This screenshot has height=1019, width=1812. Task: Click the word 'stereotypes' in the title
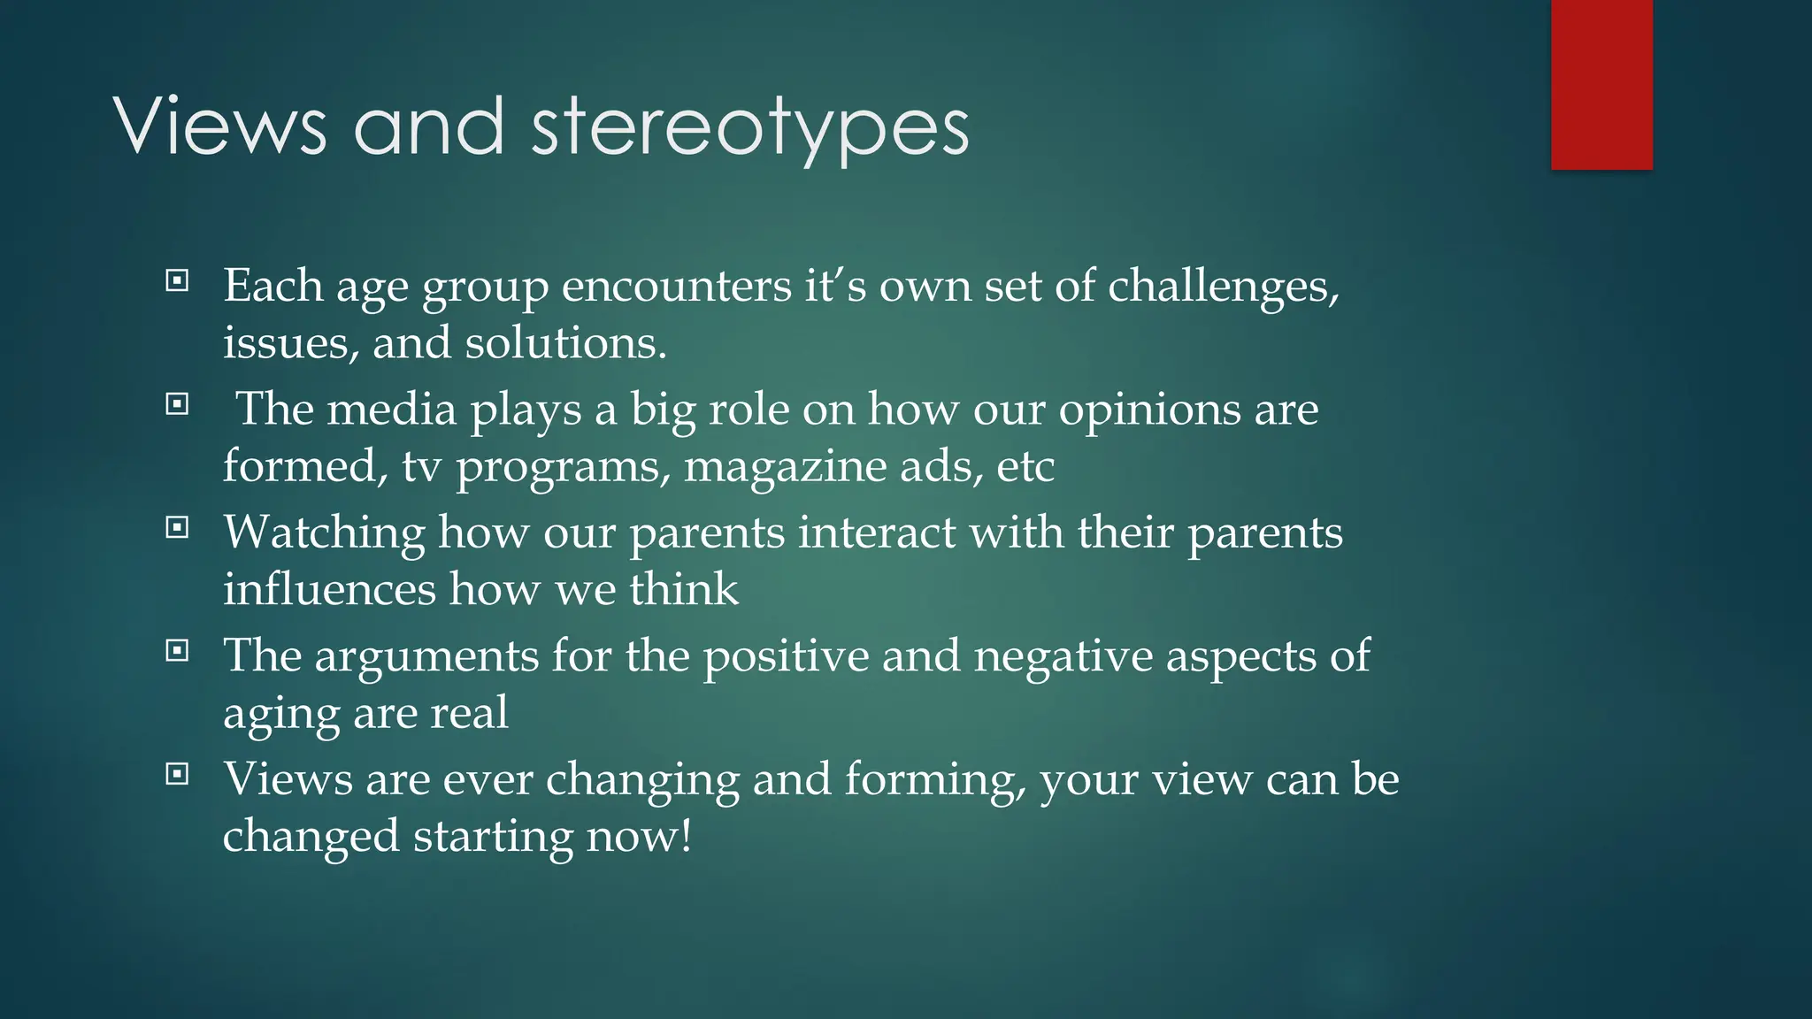[x=749, y=128]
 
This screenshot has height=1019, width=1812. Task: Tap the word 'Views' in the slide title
[x=219, y=128]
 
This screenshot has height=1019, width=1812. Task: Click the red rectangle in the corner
[x=1601, y=84]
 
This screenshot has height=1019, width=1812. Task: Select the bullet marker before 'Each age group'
[x=177, y=281]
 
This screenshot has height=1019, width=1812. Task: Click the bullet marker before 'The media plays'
[x=177, y=404]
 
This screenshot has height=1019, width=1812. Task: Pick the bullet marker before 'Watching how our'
[x=177, y=528]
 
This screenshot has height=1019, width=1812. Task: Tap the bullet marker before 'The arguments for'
[x=177, y=651]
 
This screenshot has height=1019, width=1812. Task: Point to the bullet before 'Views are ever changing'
[x=177, y=775]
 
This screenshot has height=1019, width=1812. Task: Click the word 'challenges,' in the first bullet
[x=1224, y=287]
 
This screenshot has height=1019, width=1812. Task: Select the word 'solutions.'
[x=565, y=343]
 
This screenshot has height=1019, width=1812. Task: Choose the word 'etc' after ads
[x=1025, y=467]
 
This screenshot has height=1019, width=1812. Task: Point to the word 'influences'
[x=329, y=590]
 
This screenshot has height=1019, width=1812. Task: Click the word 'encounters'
[x=676, y=287]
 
